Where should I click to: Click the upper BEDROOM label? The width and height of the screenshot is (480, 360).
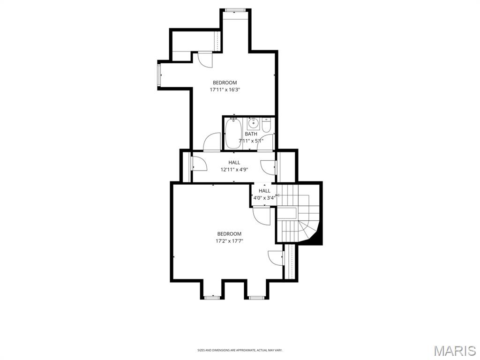[x=225, y=82]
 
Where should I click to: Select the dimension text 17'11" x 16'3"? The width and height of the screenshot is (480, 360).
[x=225, y=89]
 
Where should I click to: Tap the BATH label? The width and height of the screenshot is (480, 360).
[x=251, y=134]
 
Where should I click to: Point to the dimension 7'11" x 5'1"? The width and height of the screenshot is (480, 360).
[x=251, y=141]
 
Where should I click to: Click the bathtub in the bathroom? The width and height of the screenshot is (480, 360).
[x=233, y=134]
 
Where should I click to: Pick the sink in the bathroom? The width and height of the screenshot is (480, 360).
[x=253, y=124]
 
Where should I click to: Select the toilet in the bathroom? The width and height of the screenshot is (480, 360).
[x=266, y=126]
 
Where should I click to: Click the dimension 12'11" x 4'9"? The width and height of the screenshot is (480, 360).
[x=234, y=170]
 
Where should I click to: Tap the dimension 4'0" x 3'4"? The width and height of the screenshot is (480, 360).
[x=264, y=198]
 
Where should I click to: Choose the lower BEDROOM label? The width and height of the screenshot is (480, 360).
[x=229, y=234]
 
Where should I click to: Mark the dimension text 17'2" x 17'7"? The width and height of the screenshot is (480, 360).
[x=229, y=241]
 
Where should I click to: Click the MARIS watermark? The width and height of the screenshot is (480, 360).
[x=454, y=351]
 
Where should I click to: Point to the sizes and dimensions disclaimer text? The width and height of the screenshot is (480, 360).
[x=240, y=350]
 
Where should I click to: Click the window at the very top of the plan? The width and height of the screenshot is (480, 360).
[x=235, y=10]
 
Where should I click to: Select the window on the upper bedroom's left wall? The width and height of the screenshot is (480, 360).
[x=159, y=75]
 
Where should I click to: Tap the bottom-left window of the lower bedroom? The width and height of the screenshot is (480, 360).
[x=212, y=297]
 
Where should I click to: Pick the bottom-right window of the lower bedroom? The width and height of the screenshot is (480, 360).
[x=256, y=297]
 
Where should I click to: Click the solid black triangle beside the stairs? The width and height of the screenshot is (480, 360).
[x=316, y=237]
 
